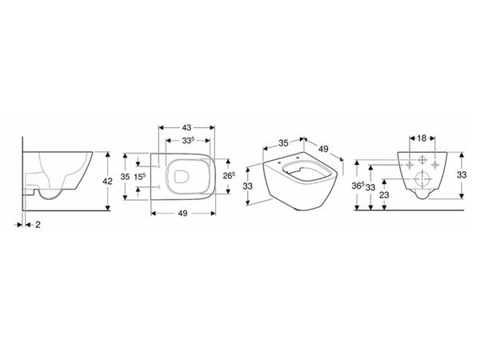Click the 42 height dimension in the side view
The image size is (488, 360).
coord(107,181)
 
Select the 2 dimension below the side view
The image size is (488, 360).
coord(38,224)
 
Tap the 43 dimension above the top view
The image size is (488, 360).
coord(186,127)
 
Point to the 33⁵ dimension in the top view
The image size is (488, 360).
coord(188,140)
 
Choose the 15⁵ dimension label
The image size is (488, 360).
coord(140,177)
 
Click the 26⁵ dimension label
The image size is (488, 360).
coord(229,176)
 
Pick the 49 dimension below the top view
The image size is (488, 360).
coord(182,213)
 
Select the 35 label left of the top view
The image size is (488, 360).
coord(125,177)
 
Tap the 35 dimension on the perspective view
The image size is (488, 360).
coord(283,143)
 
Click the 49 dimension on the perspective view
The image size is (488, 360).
coord(323,149)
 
